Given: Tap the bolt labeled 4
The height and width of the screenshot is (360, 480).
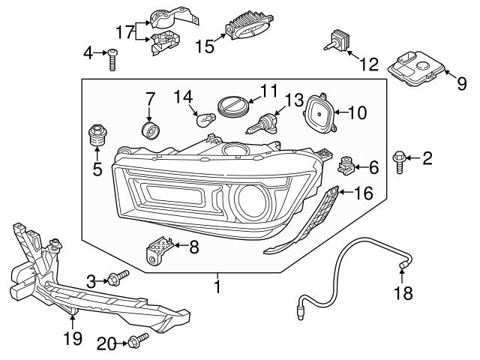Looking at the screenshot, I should [x=112, y=58].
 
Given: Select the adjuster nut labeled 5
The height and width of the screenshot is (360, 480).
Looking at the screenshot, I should [x=97, y=136].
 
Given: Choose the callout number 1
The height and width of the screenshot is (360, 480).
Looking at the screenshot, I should [x=217, y=286].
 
